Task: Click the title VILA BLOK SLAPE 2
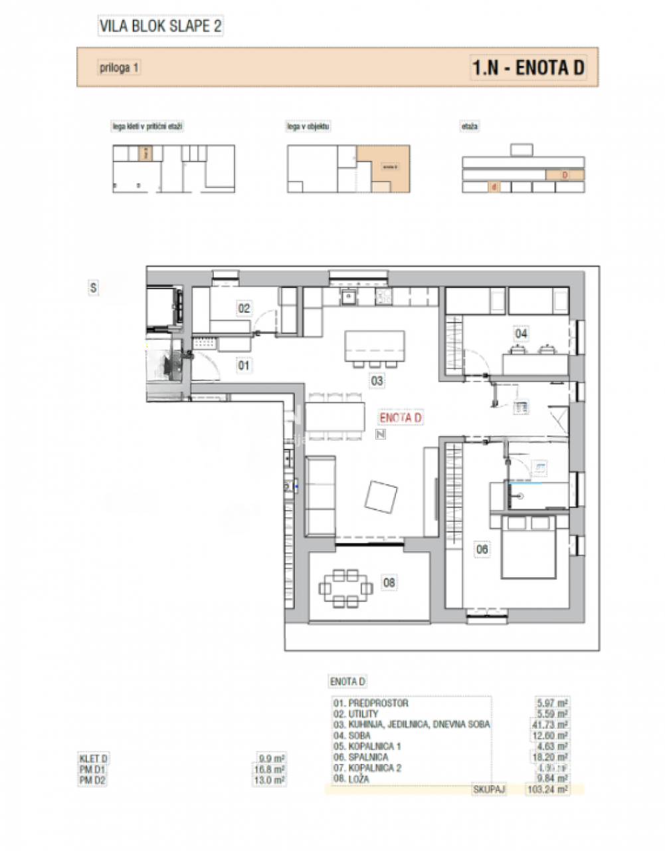[160, 27]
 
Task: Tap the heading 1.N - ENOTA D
[528, 67]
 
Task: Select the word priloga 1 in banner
[120, 68]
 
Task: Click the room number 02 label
[244, 308]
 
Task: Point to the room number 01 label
[244, 365]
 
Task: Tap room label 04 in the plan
[521, 333]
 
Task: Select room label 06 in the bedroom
[482, 549]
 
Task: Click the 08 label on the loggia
[389, 583]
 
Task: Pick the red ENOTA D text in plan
[401, 418]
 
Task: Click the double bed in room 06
[529, 547]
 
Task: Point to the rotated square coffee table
[383, 497]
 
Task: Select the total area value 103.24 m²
[553, 789]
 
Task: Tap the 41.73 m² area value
[553, 725]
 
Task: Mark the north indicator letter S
[94, 288]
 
